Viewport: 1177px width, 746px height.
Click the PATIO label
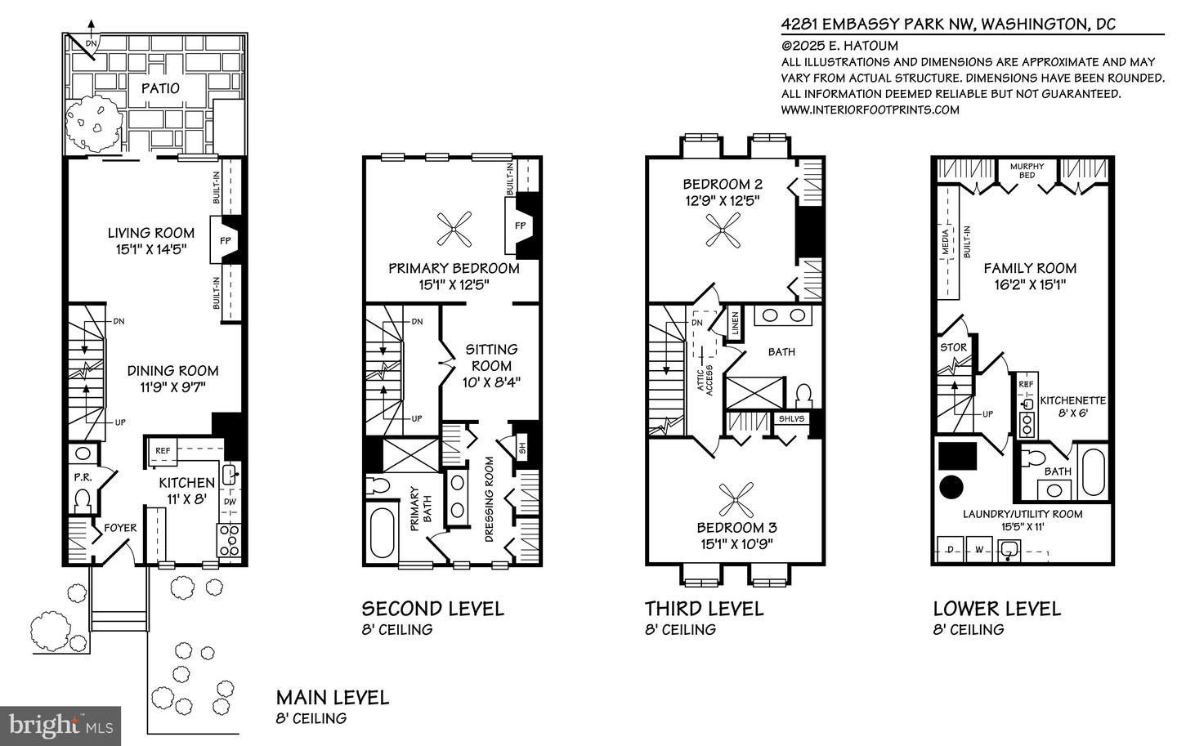(160, 88)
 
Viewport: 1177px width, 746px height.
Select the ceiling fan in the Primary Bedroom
(454, 229)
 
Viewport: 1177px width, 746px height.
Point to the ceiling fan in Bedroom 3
(736, 499)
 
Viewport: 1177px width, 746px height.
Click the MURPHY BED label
(1027, 171)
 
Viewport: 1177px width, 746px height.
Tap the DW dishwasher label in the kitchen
(230, 501)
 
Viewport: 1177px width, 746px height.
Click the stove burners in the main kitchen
(229, 540)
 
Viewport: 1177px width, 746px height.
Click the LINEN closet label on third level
(735, 323)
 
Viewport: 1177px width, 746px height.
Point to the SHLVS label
(791, 418)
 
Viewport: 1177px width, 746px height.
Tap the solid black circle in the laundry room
(951, 488)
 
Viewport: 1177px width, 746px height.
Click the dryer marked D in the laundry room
(951, 550)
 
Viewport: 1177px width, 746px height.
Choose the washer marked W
(979, 550)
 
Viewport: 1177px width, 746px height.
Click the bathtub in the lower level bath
(1094, 471)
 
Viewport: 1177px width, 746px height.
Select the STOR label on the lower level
(953, 347)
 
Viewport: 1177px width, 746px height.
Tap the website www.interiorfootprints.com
(870, 109)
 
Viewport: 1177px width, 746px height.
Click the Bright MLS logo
(60, 726)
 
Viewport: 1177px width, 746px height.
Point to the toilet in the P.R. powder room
(83, 500)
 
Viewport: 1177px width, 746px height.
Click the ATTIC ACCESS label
(705, 380)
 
